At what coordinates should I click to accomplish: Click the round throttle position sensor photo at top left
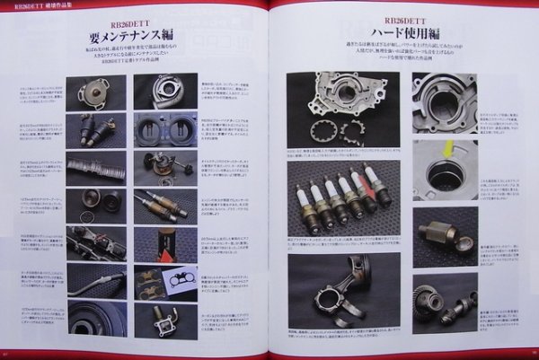(96, 92)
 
